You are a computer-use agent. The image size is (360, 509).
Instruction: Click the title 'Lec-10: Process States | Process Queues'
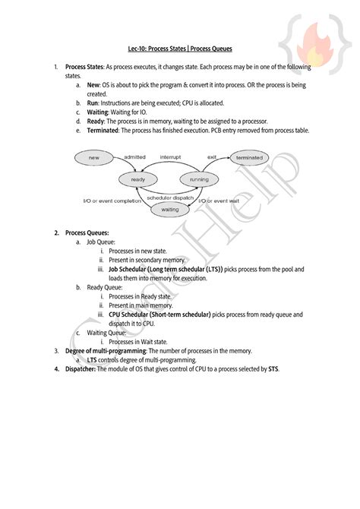[179, 48]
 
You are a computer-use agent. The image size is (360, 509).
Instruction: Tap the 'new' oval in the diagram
[93, 158]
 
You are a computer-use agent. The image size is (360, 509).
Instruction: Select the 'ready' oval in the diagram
[138, 179]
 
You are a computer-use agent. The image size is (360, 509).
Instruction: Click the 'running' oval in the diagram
[199, 179]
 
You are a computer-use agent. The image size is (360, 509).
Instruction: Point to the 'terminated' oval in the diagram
[248, 158]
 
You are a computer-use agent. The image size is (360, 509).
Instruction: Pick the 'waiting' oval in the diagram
[169, 208]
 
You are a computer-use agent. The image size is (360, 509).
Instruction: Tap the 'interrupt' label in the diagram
[171, 156]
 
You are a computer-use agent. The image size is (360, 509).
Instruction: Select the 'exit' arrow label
[212, 156]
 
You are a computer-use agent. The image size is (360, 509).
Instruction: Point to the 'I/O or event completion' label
[112, 201]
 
